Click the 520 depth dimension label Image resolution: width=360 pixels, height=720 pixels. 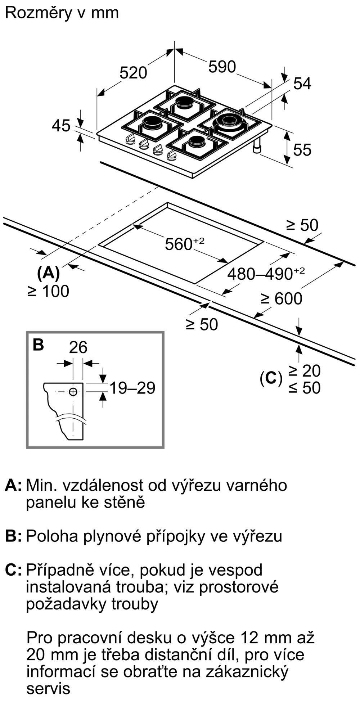pyautogui.click(x=133, y=73)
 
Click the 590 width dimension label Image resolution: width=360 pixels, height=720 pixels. pyautogui.click(x=222, y=67)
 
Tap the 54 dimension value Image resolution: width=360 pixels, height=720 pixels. pyautogui.click(x=302, y=84)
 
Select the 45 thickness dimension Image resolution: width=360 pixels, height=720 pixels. pyautogui.click(x=61, y=126)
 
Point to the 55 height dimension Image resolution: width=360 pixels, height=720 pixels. pyautogui.click(x=302, y=150)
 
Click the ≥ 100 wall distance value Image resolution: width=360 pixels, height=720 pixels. pyautogui.click(x=48, y=291)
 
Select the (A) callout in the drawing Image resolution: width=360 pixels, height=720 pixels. pyautogui.click(x=48, y=273)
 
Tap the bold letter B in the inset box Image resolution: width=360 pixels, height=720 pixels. pyautogui.click(x=38, y=345)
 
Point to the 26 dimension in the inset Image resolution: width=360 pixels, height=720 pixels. pyautogui.click(x=78, y=347)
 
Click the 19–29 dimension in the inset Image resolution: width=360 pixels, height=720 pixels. pyautogui.click(x=132, y=388)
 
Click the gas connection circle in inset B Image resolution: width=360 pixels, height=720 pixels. pyautogui.click(x=73, y=392)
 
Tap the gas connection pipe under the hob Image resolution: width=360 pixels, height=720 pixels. pyautogui.click(x=258, y=147)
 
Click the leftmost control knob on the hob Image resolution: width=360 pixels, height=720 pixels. pyautogui.click(x=130, y=139)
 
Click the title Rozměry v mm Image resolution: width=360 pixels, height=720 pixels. pyautogui.click(x=62, y=13)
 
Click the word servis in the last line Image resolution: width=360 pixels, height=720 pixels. pyautogui.click(x=48, y=689)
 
